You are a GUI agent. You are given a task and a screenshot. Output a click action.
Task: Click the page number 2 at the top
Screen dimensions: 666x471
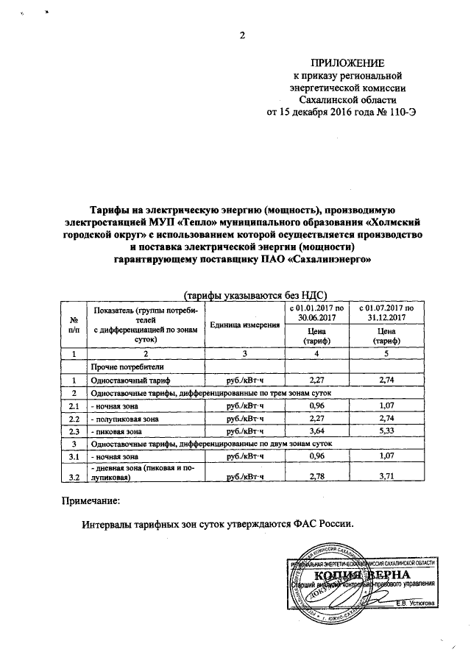[x=241, y=35]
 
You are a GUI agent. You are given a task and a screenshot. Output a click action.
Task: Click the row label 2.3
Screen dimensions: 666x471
[x=74, y=431]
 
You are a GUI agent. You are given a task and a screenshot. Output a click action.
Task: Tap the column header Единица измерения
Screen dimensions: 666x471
[x=244, y=325]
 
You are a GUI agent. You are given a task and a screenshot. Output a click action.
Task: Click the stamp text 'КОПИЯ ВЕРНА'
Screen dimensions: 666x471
[x=359, y=575]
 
